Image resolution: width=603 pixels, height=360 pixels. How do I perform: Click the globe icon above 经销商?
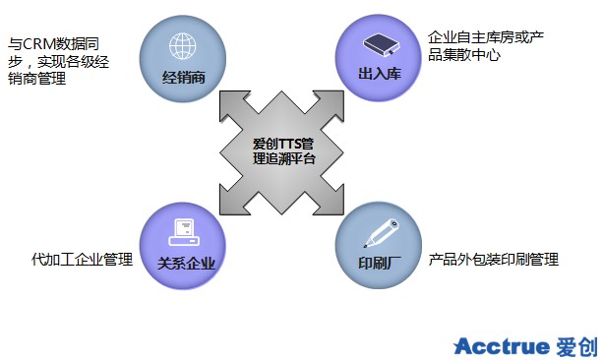(182, 46)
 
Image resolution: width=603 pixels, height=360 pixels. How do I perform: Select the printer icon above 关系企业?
(184, 232)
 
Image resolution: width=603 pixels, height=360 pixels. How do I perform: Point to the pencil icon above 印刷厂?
(382, 233)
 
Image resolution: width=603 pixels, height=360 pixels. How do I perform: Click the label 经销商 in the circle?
(183, 78)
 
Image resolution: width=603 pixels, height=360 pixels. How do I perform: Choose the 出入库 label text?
(380, 74)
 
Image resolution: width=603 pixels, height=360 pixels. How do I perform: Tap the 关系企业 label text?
(186, 264)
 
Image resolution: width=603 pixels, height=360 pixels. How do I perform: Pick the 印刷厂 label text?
(380, 263)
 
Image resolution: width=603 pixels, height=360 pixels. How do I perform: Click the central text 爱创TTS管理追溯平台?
(284, 151)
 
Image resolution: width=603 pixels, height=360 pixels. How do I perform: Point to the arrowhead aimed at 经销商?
(231, 102)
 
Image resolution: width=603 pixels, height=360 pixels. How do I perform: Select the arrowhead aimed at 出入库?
(332, 102)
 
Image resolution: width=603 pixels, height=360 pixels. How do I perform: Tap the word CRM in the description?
(37, 44)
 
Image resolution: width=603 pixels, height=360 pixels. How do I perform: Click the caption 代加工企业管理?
(83, 260)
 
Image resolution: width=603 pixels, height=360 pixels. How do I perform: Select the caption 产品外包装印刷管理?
(494, 260)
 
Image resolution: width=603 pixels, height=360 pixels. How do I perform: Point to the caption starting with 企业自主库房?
(486, 46)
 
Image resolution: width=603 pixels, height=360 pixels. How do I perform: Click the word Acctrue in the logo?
(502, 346)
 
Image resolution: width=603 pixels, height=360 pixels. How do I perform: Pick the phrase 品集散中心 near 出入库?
(464, 55)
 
